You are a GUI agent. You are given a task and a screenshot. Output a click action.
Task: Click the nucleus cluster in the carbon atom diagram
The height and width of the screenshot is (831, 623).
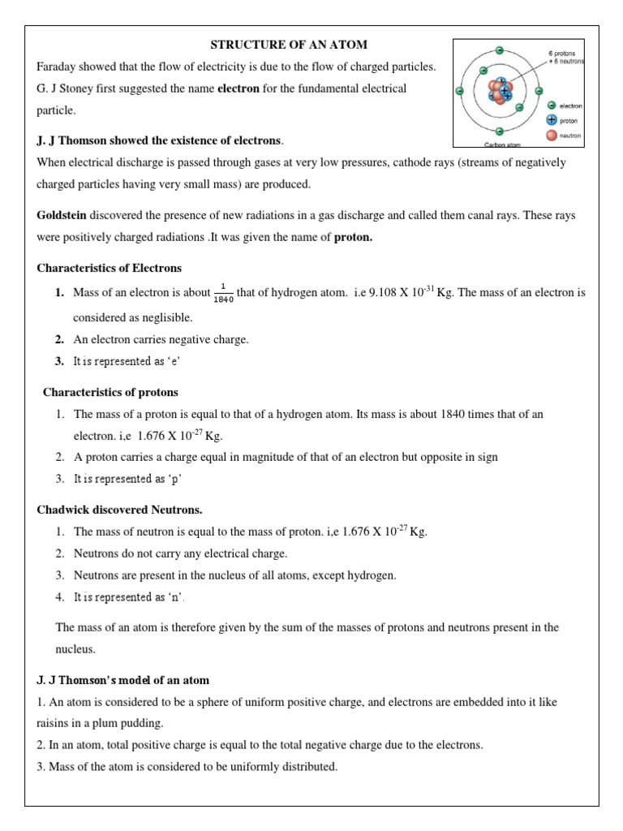click(501, 91)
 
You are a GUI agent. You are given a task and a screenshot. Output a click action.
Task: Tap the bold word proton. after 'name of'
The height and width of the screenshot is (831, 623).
click(354, 237)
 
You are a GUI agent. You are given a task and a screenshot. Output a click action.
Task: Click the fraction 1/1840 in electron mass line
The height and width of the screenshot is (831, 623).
click(223, 293)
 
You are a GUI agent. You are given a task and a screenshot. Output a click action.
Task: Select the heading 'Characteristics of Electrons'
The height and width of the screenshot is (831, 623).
click(109, 268)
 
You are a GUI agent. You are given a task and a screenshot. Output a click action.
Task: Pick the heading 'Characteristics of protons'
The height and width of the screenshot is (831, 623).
click(110, 392)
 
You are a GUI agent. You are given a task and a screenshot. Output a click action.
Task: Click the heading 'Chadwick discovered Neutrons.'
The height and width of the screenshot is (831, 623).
click(119, 510)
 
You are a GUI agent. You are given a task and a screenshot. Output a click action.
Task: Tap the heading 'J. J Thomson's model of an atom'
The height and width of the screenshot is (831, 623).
click(123, 679)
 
